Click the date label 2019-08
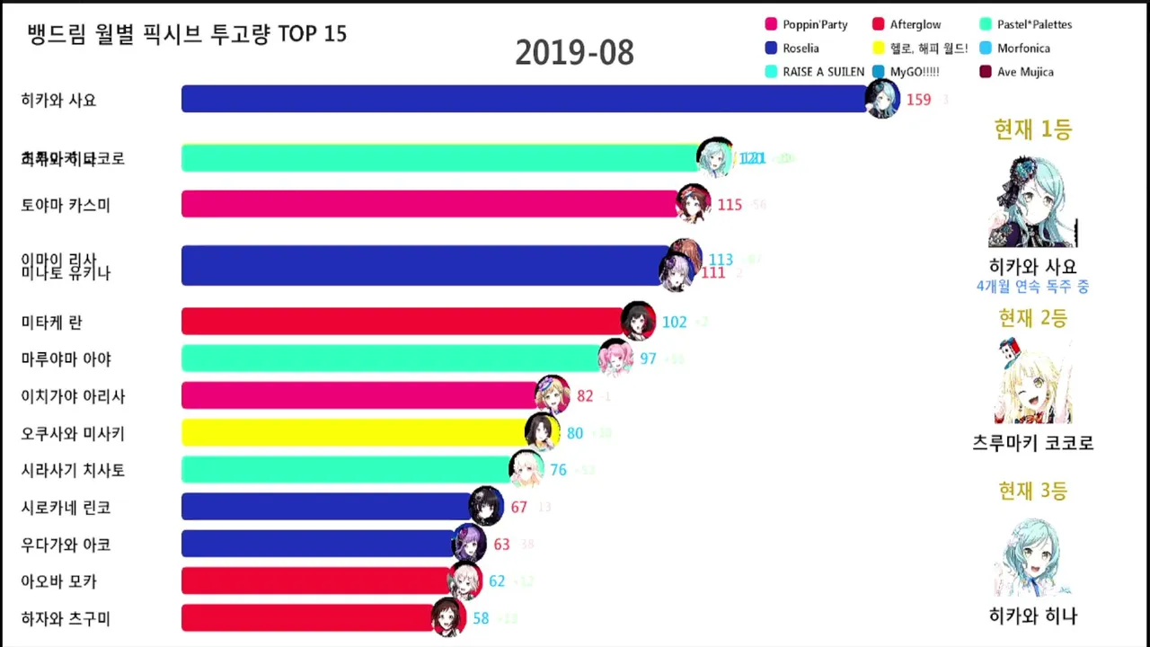pos(574,53)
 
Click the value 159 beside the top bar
pos(918,100)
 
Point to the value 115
pos(730,205)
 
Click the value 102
pos(674,322)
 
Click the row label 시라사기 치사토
pos(73,470)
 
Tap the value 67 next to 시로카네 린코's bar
pos(518,508)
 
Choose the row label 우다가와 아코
pos(66,545)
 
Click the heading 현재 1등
pos(1032,130)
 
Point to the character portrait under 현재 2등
pos(1032,382)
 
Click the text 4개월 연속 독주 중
pos(1032,287)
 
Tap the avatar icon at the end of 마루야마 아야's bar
pos(615,357)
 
